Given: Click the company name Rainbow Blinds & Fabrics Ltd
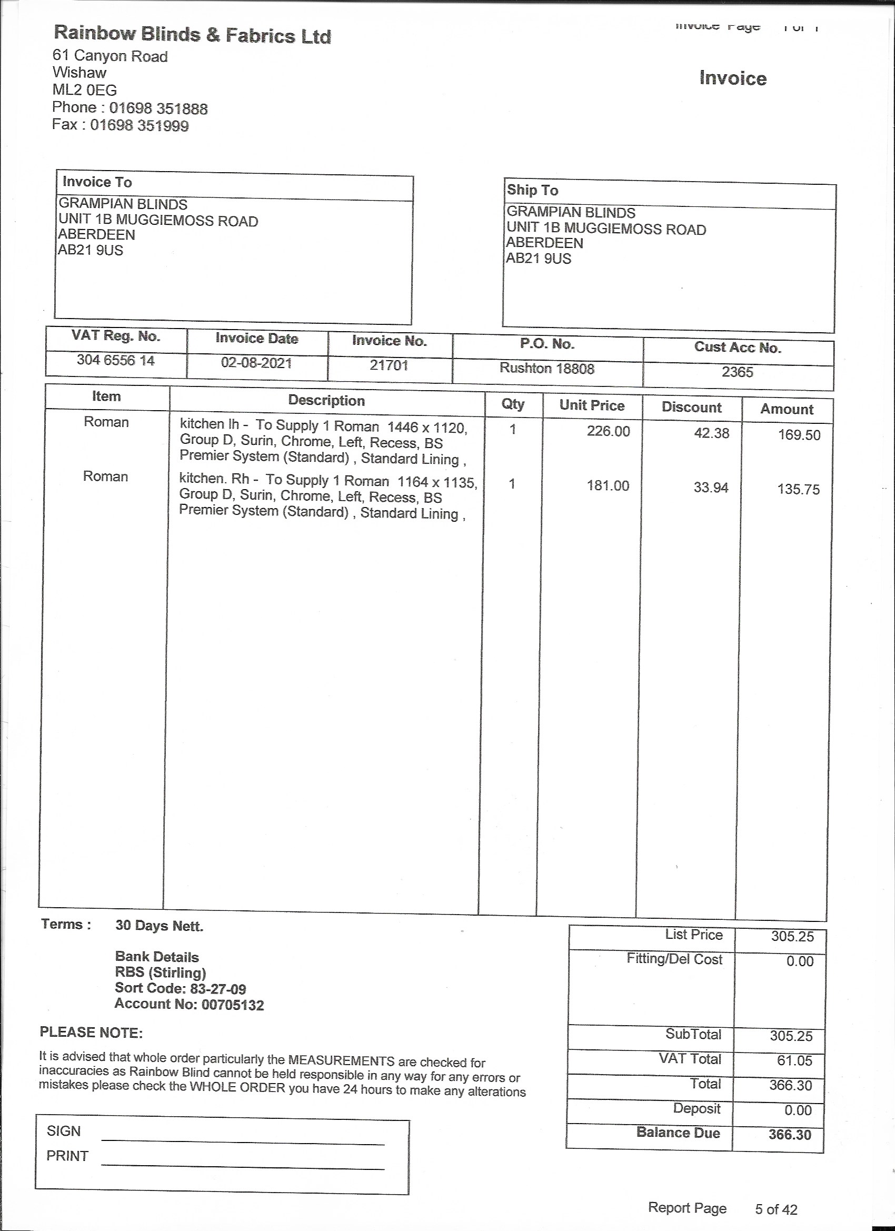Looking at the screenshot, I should tap(192, 35).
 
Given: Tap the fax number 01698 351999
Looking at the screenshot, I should tap(140, 125).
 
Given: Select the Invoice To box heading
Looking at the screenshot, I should tap(97, 182).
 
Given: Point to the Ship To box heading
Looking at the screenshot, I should tap(532, 190).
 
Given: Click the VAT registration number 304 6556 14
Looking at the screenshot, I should tap(116, 360).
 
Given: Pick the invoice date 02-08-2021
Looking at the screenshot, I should tap(256, 363).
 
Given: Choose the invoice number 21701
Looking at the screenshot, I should tap(389, 365).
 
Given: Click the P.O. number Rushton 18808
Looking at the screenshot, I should tap(546, 369).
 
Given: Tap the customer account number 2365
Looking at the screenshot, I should tap(737, 372).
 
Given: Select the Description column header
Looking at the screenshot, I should tap(326, 401).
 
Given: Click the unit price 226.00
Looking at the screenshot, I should tap(608, 432).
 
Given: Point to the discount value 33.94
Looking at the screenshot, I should tap(710, 488).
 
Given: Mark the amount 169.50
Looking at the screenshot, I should tap(799, 435).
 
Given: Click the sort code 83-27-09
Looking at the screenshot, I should tap(217, 989).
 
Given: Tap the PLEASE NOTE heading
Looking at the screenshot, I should tap(91, 1033).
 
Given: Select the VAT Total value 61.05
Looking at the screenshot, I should tap(794, 1060).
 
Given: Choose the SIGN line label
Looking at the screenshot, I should tap(64, 1131).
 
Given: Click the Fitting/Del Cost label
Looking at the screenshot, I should tap(674, 959).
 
